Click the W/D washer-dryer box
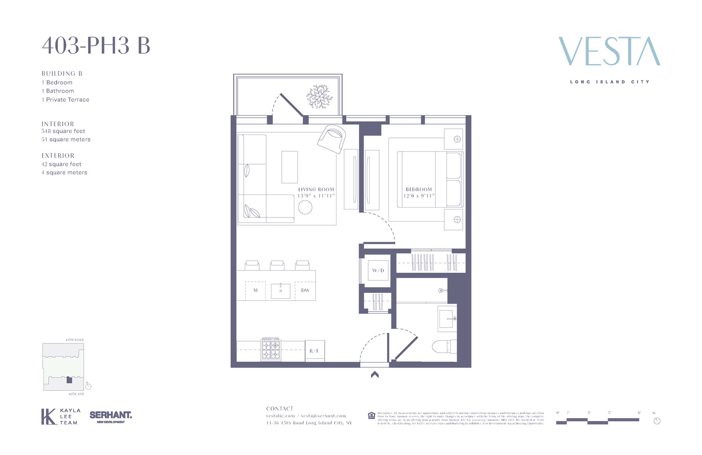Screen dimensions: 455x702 [x=378, y=270]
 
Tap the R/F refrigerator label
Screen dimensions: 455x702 [x=314, y=351]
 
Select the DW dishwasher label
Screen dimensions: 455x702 [x=305, y=291]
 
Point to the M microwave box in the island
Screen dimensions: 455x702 [x=256, y=291]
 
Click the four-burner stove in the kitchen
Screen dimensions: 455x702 [x=271, y=350]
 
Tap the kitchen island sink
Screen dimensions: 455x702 [x=281, y=291]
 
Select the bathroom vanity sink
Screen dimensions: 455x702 [x=447, y=318]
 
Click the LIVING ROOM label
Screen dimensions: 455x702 [x=316, y=189]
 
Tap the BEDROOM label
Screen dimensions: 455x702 [x=419, y=189]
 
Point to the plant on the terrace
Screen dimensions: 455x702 [x=319, y=97]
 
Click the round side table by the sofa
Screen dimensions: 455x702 [x=305, y=207]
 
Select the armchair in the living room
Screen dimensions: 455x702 [x=332, y=138]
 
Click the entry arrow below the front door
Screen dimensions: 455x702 [x=374, y=374]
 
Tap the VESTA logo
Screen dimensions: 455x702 [x=609, y=52]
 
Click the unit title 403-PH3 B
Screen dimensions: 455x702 [x=96, y=46]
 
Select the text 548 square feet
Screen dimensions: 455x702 [x=63, y=131]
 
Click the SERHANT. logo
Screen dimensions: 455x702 [x=110, y=416]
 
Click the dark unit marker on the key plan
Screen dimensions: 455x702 [x=69, y=380]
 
